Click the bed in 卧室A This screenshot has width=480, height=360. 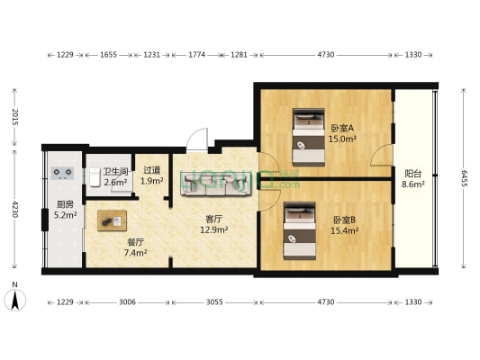click(307, 138)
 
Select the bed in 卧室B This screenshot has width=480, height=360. click(298, 228)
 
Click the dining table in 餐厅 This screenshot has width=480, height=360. click(113, 220)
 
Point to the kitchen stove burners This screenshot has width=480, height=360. click(63, 172)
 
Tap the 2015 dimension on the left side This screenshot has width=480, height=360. click(15, 119)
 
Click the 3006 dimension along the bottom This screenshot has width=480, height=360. click(126, 303)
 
